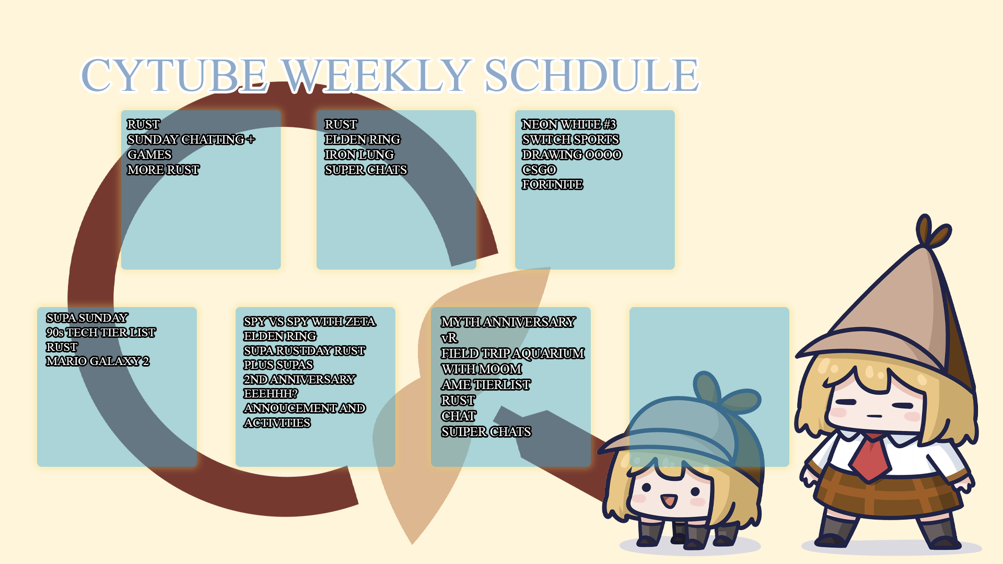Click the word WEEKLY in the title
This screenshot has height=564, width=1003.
click(376, 75)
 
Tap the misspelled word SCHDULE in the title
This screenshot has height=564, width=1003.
click(591, 75)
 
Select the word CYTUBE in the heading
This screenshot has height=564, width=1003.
click(174, 75)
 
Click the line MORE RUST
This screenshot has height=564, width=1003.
click(163, 170)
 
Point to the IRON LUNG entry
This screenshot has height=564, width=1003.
click(359, 155)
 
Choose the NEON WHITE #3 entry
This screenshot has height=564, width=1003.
click(569, 124)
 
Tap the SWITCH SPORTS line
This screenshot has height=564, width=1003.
click(570, 139)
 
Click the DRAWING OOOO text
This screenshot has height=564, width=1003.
click(572, 155)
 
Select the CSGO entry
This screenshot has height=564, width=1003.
click(539, 170)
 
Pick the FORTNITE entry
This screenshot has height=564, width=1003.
click(552, 184)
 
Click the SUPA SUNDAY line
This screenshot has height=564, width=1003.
click(87, 318)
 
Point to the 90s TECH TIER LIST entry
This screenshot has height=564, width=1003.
click(101, 332)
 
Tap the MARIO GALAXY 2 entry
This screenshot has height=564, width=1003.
click(98, 361)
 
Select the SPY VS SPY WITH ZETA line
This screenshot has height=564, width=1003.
click(309, 322)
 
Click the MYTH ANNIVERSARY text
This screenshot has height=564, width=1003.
click(508, 322)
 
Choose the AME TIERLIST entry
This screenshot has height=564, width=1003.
click(486, 384)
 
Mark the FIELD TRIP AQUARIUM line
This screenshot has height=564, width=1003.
click(512, 353)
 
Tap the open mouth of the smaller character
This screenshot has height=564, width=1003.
click(668, 501)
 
